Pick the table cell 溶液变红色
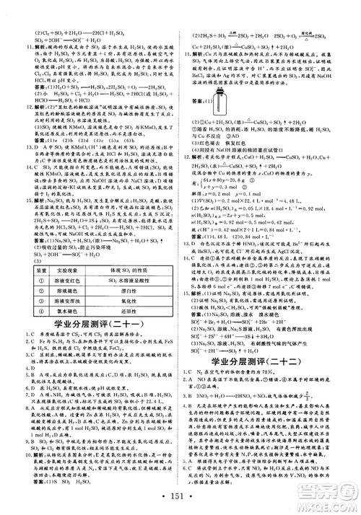click(68, 279)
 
